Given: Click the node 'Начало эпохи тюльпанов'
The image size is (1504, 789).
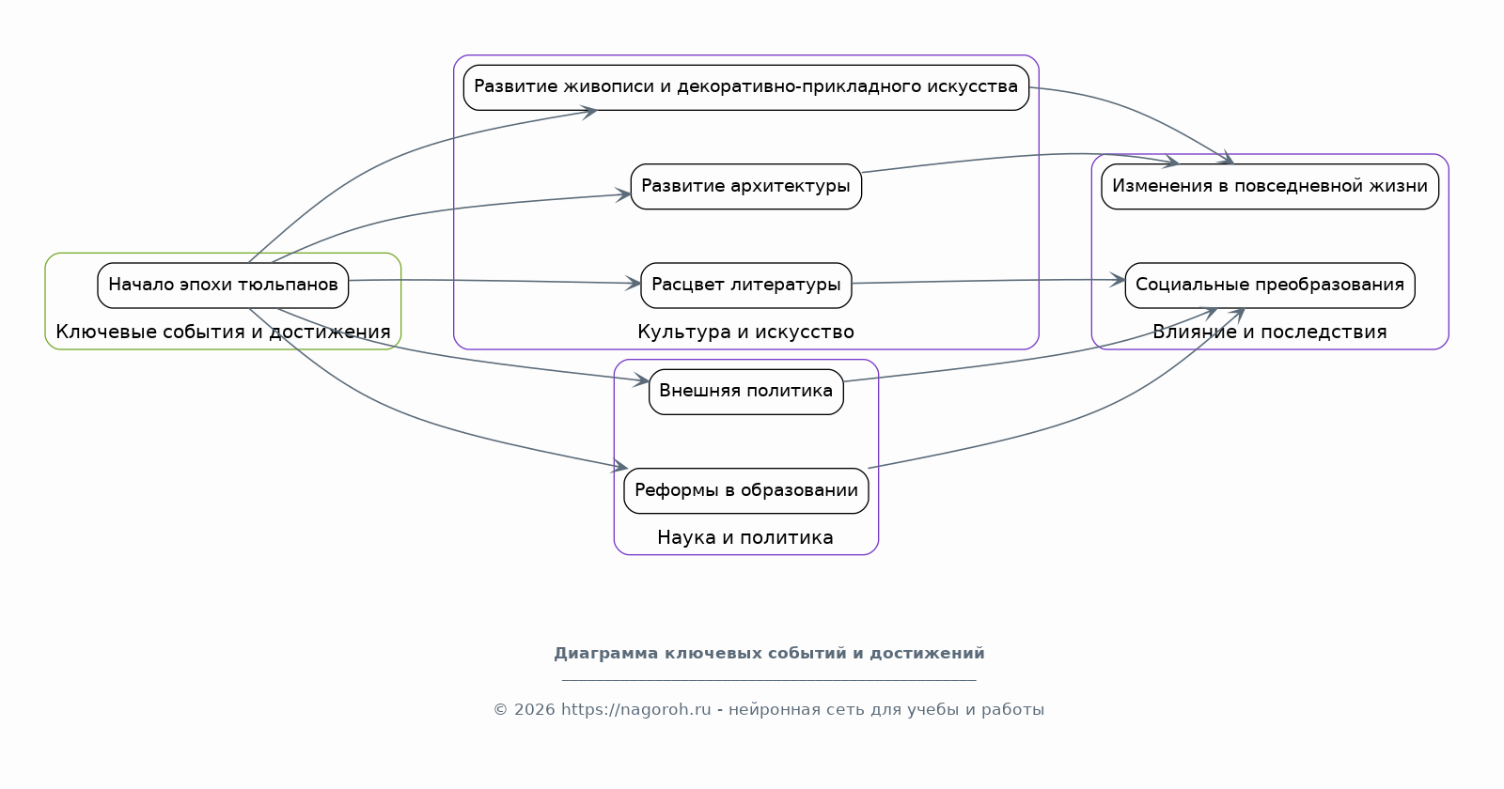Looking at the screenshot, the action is point(223,286).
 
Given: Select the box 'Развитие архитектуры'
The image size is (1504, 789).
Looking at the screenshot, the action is point(746,187).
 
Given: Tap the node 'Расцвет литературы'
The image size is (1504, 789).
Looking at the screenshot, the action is point(746,286).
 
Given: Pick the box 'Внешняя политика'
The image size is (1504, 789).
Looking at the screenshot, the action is point(746,392).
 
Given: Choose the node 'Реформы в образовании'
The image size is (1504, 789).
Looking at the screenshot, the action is point(746,491).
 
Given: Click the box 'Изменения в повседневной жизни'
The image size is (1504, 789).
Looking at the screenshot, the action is point(1270,187).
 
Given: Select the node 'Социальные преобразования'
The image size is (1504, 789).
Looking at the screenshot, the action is point(1270,286).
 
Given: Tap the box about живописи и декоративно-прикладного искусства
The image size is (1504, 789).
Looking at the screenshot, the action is point(746,88).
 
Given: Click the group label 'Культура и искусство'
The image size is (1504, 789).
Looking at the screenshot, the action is point(746,333).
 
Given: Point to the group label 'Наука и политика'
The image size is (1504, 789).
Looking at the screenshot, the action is point(745,537).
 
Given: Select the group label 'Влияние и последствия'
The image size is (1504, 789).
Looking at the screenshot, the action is point(1270,333).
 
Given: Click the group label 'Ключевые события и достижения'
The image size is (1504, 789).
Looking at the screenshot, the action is point(223,333).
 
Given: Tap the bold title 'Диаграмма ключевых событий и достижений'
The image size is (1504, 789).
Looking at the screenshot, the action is point(770,654).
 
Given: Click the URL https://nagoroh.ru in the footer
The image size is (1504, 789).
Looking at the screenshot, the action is point(635,710).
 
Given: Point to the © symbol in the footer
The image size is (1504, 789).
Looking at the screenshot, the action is point(500,710).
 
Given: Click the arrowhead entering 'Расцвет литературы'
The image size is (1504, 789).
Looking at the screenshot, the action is point(634,283).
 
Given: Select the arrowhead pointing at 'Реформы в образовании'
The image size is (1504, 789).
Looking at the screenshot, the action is point(619,466).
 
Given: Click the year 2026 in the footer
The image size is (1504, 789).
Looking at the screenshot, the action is point(535,710).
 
